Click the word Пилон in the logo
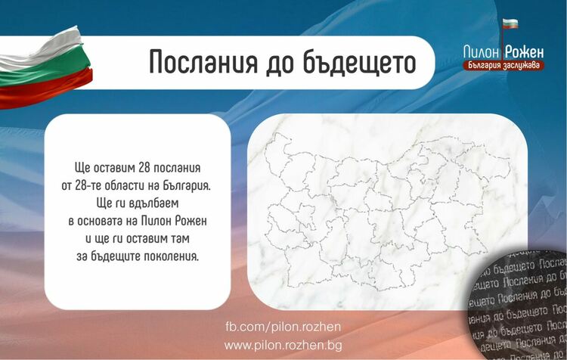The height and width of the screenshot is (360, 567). (x=483, y=51)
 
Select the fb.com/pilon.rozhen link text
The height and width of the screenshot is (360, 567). (x=283, y=327)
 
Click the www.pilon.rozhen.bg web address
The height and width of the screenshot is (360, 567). (x=283, y=345)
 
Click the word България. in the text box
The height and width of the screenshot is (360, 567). (x=181, y=184)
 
